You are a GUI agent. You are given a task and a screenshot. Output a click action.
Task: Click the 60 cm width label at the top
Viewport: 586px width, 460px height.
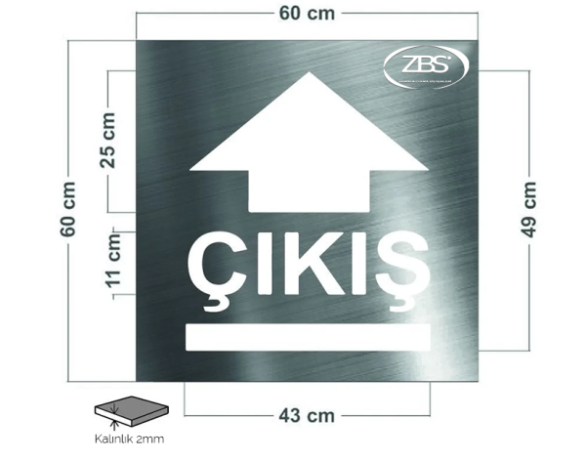point(308,13)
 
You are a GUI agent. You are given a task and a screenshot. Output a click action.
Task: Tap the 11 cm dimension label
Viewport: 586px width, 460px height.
point(114,265)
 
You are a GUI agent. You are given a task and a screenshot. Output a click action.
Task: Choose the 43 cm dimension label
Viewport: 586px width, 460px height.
point(307,415)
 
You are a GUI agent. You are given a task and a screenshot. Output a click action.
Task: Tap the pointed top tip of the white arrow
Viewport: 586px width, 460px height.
point(308,75)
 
